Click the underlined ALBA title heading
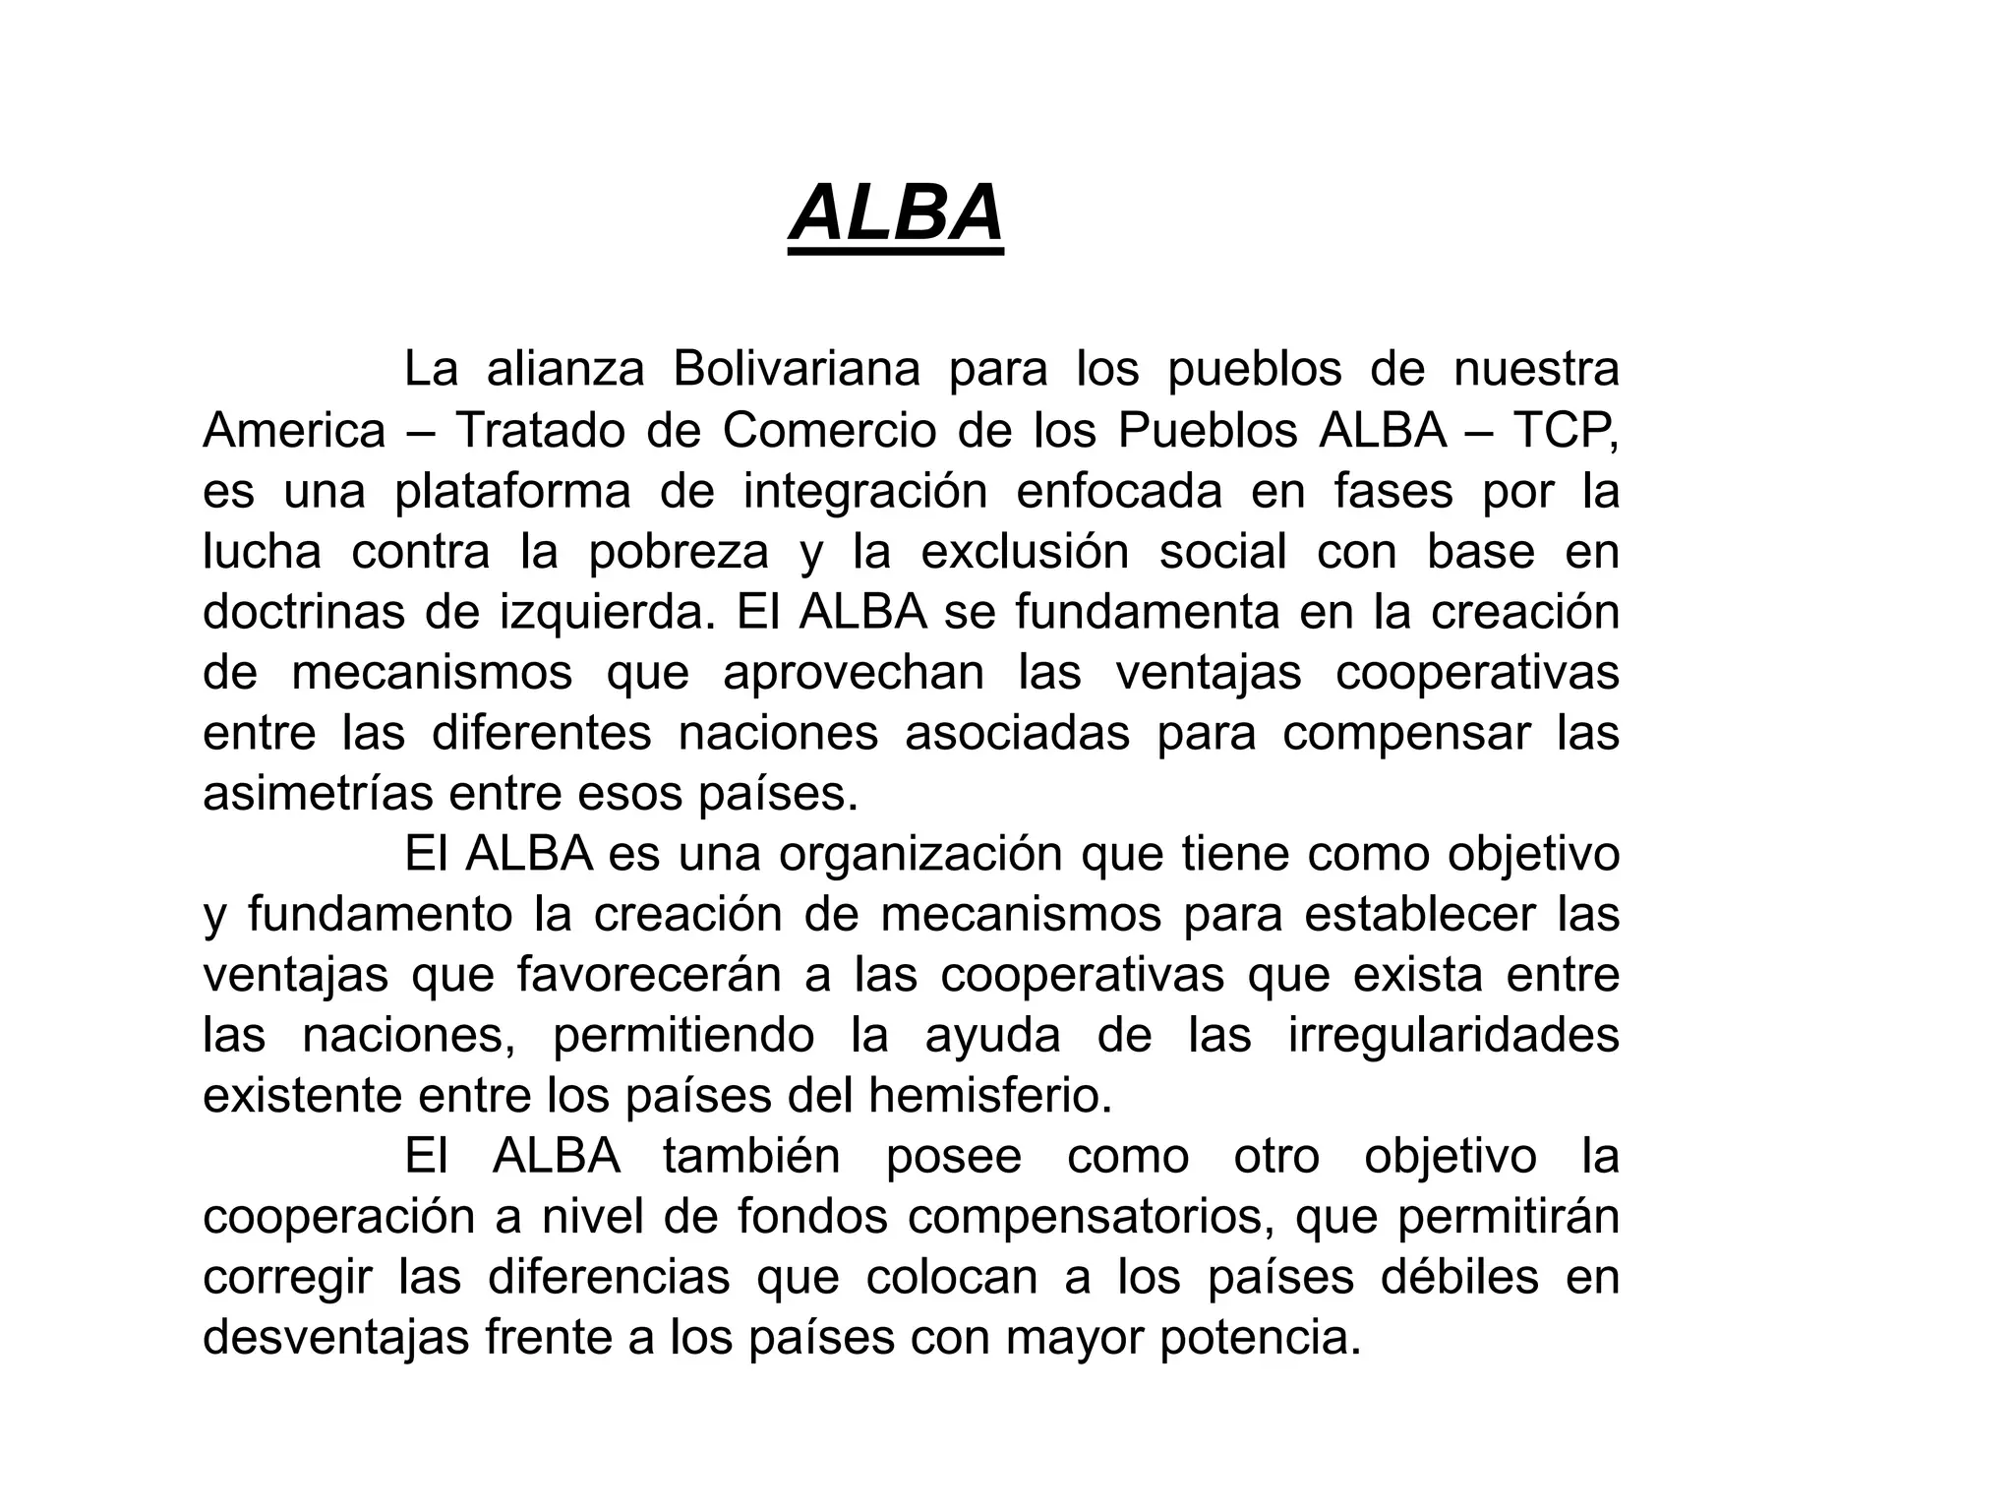(896, 213)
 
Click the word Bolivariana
(797, 370)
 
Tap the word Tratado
(540, 431)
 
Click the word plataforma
(512, 492)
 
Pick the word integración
(864, 492)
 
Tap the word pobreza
(679, 552)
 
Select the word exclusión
(1025, 552)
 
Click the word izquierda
(607, 613)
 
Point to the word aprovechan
(854, 674)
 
